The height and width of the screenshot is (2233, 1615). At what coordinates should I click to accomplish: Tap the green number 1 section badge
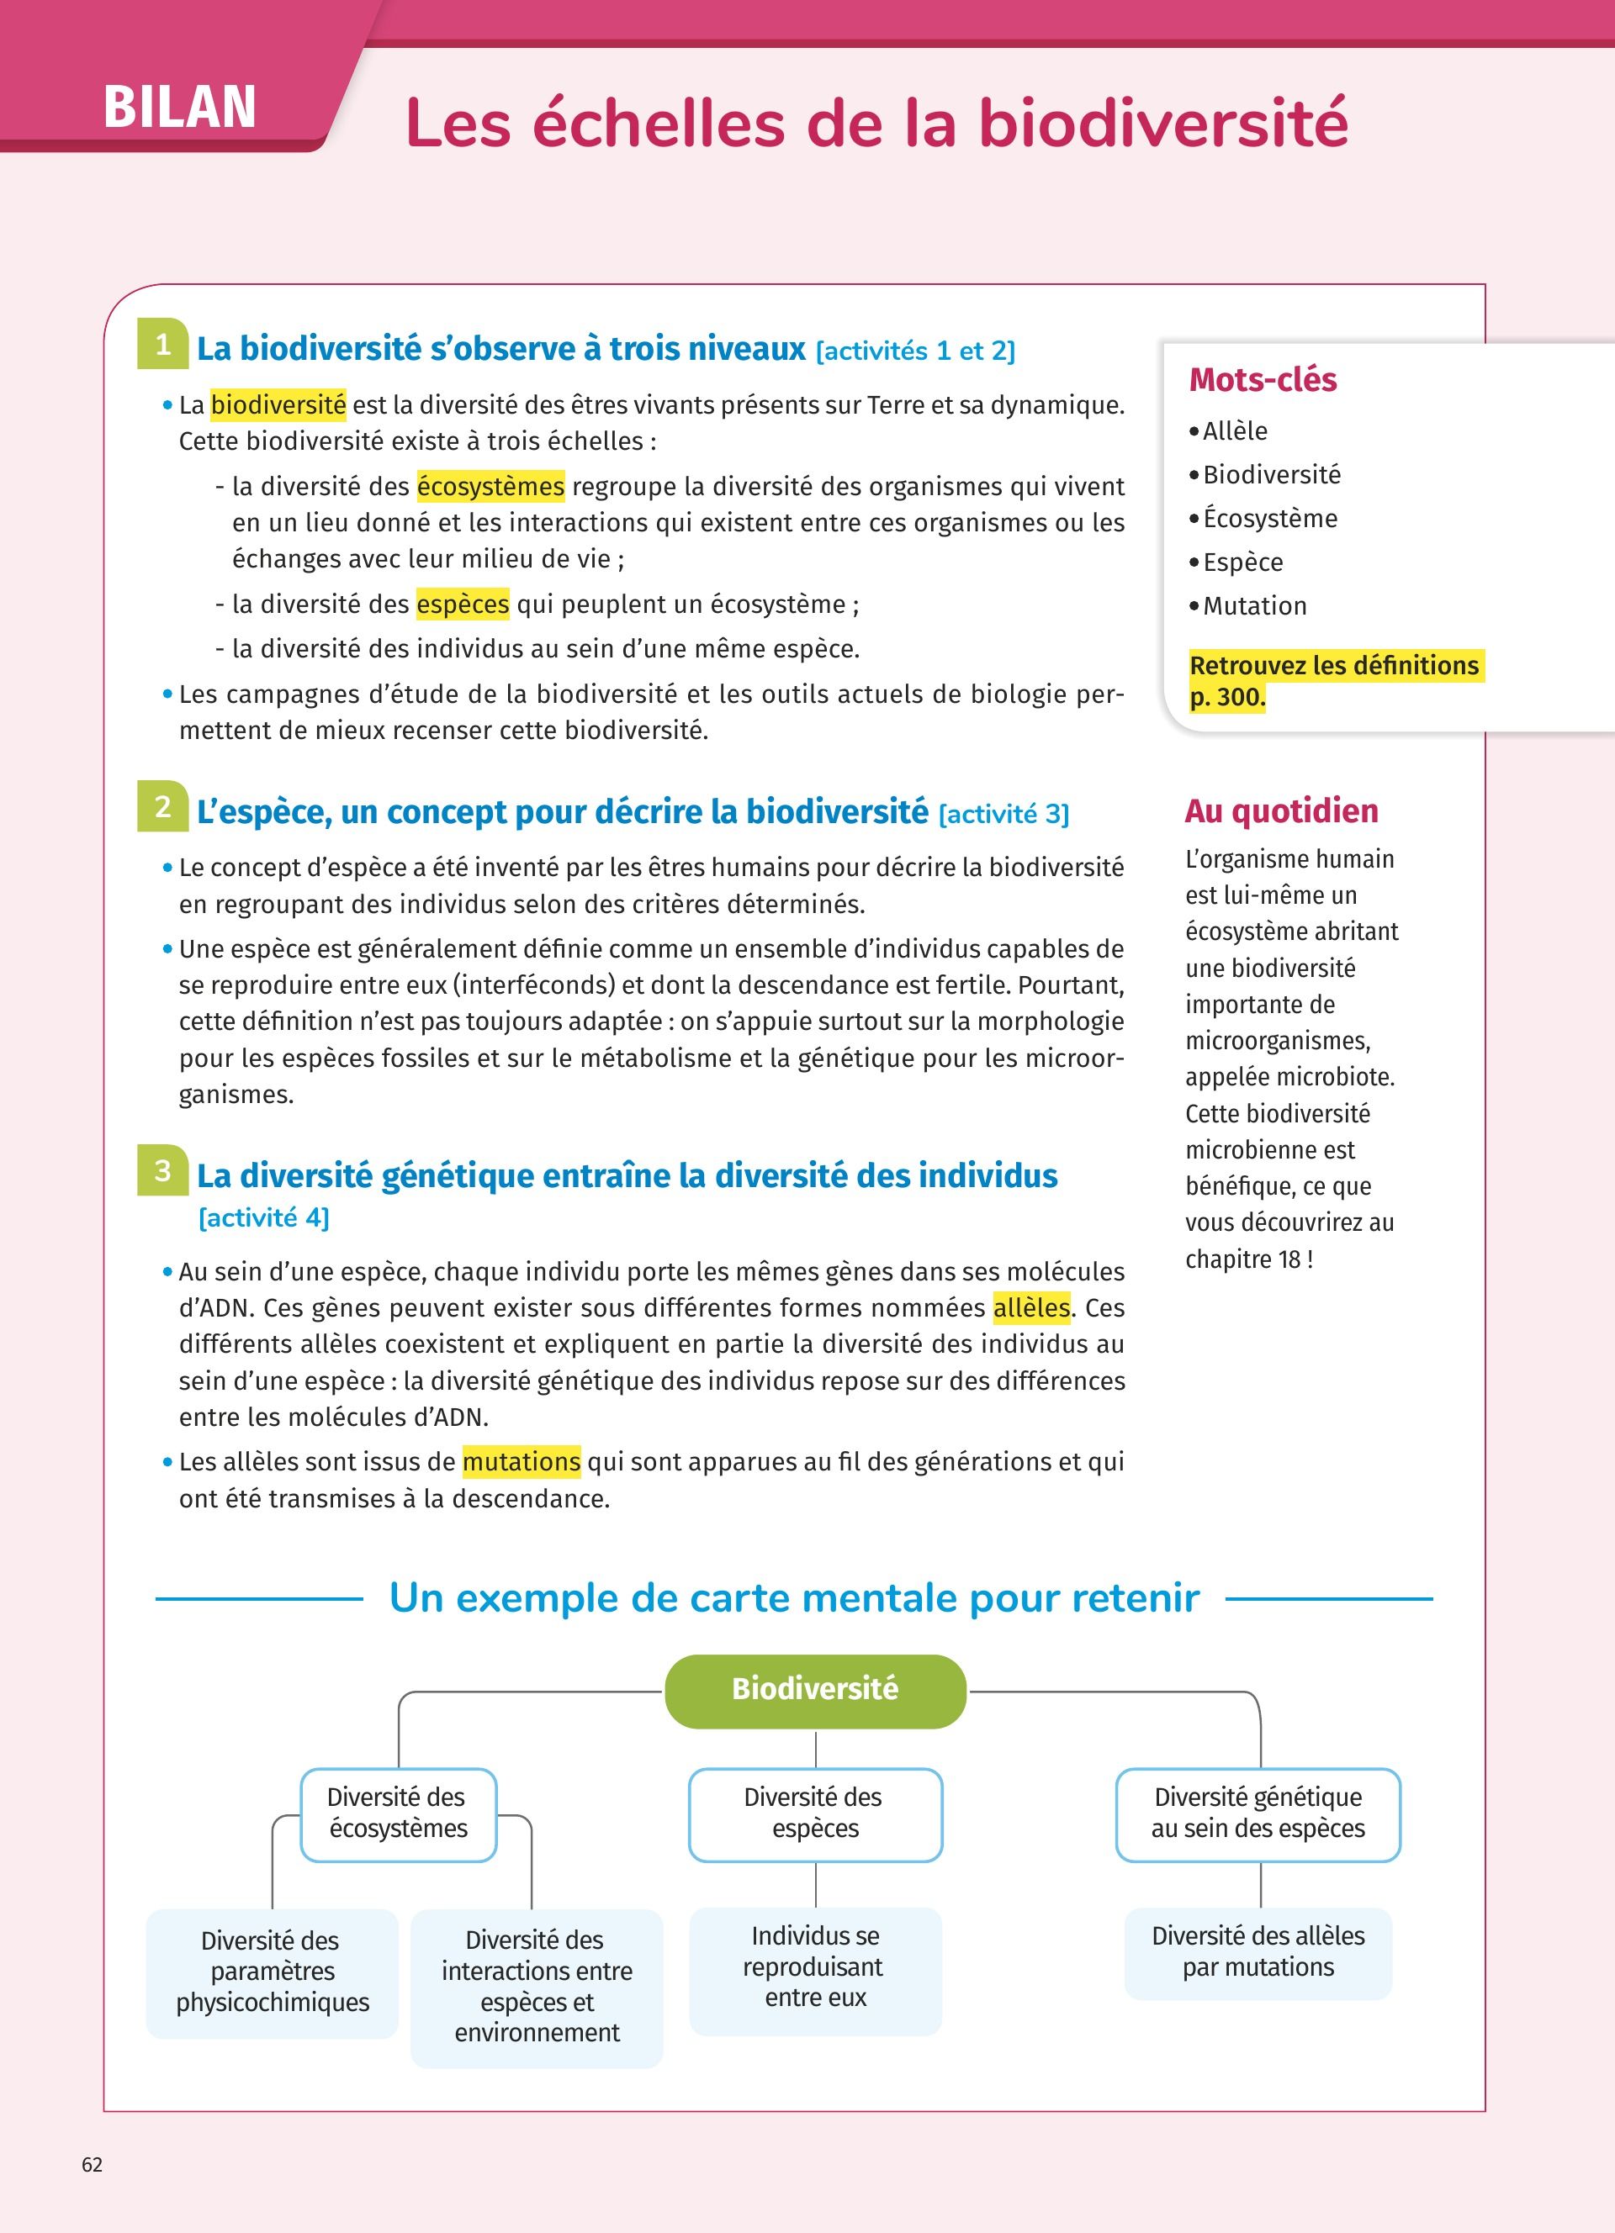162,345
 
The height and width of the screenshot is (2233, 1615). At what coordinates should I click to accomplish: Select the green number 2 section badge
162,807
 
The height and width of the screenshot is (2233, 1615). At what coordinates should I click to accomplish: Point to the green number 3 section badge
162,1170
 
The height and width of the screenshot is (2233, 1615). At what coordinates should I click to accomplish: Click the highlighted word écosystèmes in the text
490,487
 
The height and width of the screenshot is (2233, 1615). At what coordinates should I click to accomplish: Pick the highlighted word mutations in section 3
521,1461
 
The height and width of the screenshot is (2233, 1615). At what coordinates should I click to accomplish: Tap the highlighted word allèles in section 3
1031,1307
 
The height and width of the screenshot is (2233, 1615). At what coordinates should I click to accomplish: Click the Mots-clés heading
1263,380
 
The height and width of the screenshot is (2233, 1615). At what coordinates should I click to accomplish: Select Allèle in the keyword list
1235,431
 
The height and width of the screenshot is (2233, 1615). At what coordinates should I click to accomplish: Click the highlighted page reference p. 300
1227,697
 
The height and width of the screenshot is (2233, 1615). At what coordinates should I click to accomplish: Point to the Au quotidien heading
1281,811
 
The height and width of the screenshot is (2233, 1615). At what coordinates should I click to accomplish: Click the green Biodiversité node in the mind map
815,1690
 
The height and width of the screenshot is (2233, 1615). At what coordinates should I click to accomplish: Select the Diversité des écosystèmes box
398,1813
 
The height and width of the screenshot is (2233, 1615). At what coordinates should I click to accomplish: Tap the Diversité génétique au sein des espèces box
1258,1813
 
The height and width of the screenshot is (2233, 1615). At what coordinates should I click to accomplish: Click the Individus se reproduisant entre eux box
815,1967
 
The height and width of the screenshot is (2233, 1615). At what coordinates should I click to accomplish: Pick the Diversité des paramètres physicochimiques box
272,1971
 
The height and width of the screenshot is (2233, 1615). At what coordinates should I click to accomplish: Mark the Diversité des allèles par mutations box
1258,1951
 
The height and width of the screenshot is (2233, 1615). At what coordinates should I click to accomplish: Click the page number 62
93,2164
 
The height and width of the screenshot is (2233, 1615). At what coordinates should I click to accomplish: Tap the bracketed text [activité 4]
264,1218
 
